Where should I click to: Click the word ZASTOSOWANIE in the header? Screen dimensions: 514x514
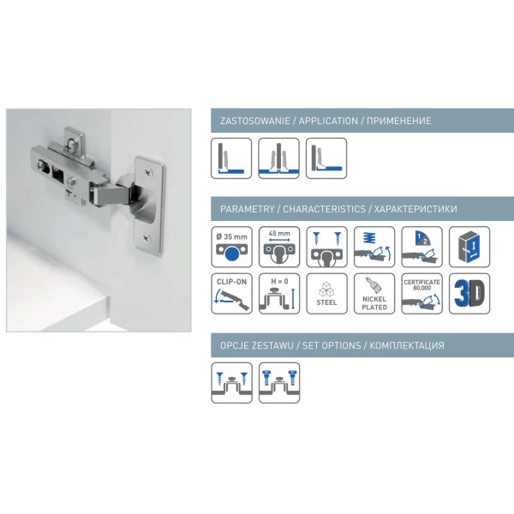(x=255, y=121)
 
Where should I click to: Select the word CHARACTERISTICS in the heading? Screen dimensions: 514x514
(x=324, y=209)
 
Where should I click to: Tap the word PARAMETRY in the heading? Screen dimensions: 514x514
(x=248, y=209)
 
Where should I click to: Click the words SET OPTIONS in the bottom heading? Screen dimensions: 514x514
(x=332, y=345)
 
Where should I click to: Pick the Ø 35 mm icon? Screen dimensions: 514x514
(x=232, y=247)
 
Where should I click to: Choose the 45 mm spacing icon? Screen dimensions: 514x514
(x=279, y=247)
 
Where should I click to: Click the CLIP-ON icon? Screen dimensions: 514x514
(x=232, y=294)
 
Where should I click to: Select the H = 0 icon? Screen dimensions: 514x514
(x=279, y=294)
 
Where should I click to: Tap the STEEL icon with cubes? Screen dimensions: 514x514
(x=327, y=294)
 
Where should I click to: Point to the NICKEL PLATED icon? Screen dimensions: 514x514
(x=374, y=294)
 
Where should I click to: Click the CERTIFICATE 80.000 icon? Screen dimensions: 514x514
(x=421, y=294)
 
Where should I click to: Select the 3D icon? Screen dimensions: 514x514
(x=469, y=294)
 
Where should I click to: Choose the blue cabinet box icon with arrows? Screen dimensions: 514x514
(x=469, y=247)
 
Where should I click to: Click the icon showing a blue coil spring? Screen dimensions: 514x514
(x=374, y=247)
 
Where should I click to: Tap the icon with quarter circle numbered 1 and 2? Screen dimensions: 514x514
(x=421, y=247)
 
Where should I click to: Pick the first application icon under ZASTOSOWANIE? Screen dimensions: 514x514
(x=231, y=158)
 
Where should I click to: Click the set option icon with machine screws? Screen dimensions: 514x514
(x=279, y=383)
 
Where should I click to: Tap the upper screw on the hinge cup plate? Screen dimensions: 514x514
(x=148, y=172)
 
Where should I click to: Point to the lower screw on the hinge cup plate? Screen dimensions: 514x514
(x=146, y=237)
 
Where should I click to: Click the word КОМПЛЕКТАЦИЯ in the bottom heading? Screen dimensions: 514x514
(x=407, y=345)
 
